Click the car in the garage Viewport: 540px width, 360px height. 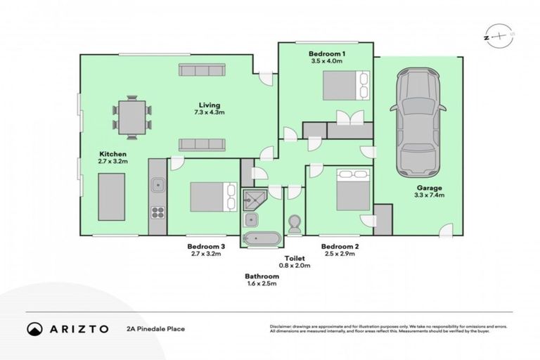coord(418,122)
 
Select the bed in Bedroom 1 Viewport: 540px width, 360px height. coord(345,86)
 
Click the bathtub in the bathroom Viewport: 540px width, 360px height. coord(261,239)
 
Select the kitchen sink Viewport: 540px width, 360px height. coord(158,186)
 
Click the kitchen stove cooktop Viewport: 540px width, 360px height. coord(158,212)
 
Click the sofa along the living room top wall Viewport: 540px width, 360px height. coord(201,70)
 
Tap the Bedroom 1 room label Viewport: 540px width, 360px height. coord(326,53)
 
